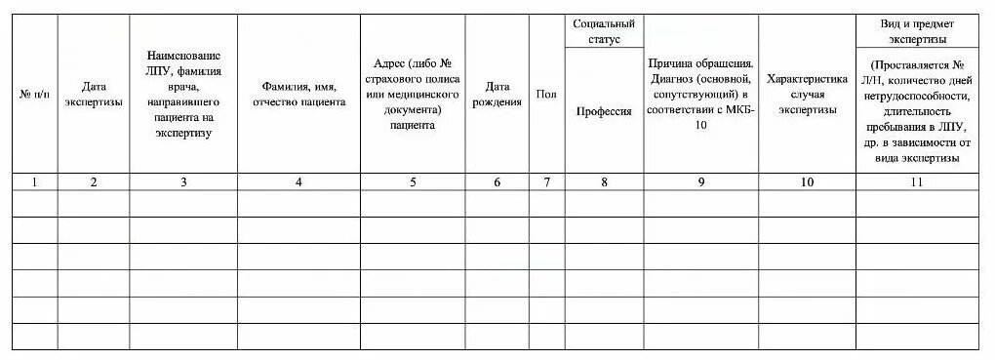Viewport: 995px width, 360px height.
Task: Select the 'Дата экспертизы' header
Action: click(x=93, y=94)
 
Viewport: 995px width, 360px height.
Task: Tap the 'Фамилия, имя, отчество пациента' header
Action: click(x=298, y=94)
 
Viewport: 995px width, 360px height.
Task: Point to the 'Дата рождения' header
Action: click(x=497, y=94)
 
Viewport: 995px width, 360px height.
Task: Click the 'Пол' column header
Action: click(x=546, y=94)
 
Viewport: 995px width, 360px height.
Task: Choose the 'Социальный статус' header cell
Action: click(x=604, y=31)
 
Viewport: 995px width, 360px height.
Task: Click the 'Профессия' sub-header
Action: click(x=604, y=111)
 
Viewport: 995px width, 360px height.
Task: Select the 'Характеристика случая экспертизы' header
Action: click(x=807, y=94)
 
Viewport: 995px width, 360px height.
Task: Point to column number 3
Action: click(x=183, y=181)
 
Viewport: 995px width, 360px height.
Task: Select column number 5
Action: click(x=413, y=181)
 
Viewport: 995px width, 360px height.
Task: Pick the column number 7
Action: click(x=546, y=181)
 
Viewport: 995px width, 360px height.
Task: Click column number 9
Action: click(x=700, y=181)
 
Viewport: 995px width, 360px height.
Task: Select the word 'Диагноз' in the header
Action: click(x=671, y=79)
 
